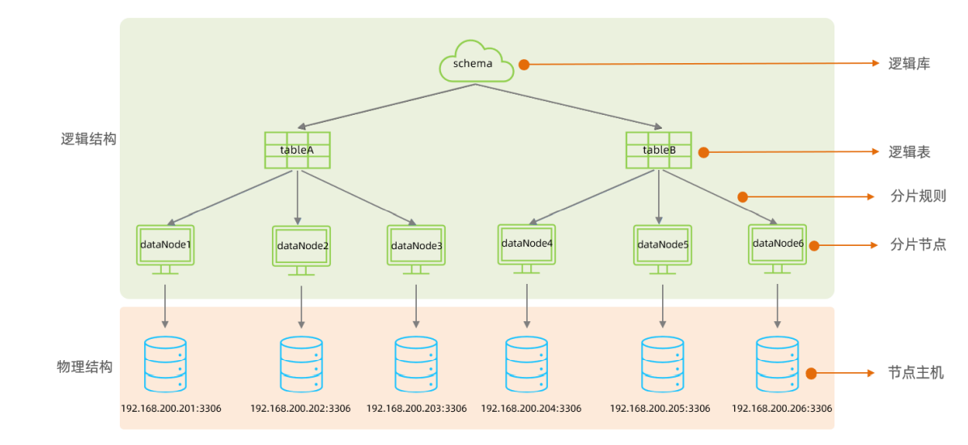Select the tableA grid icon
point(297,150)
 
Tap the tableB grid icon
point(658,150)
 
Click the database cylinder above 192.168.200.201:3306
point(164,364)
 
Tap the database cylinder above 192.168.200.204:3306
point(526,364)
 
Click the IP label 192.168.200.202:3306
point(300,409)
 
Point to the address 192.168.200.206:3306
point(781,409)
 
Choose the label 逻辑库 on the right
point(909,64)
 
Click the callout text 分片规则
point(918,197)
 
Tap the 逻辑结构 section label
point(89,138)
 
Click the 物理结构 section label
point(84,367)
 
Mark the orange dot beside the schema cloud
point(524,65)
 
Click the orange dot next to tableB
point(703,152)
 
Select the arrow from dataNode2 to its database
point(302,306)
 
